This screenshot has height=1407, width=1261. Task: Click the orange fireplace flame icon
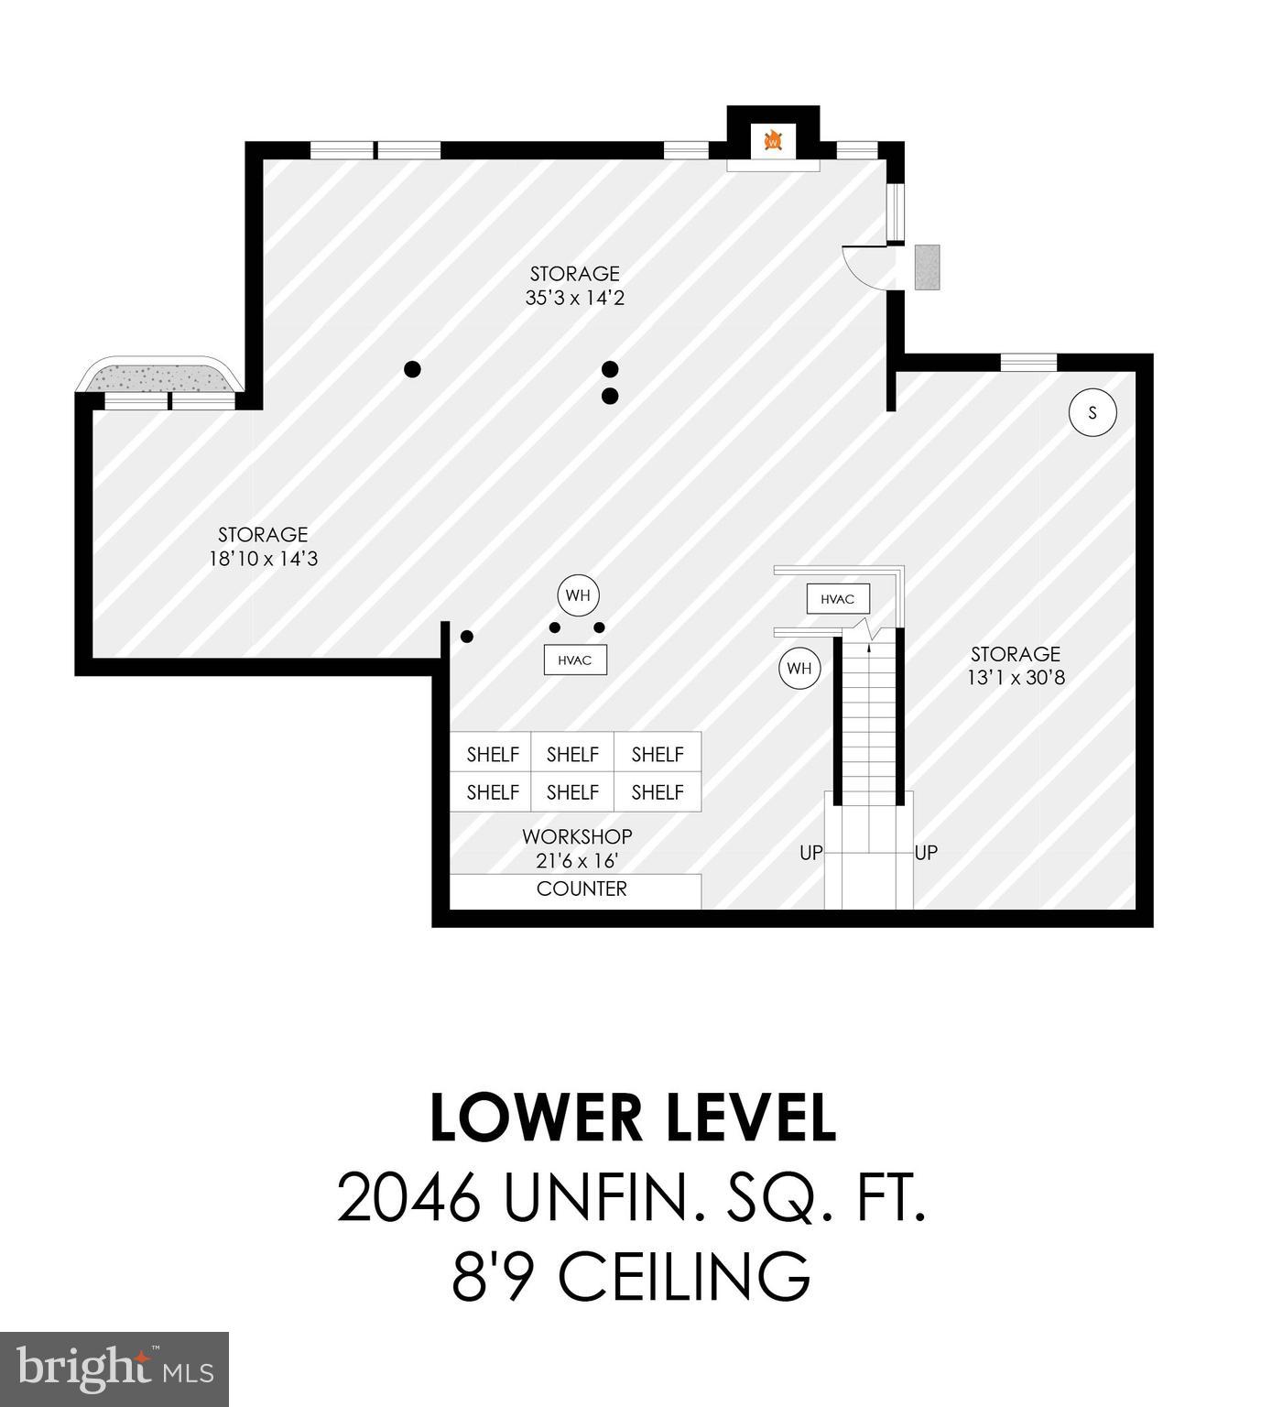coord(773,141)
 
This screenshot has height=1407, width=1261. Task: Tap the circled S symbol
coord(1092,412)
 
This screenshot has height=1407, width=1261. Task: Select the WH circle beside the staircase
coord(799,669)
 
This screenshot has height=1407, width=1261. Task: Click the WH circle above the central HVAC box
coord(578,595)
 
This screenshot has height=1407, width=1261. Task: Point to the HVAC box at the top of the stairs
coord(837,599)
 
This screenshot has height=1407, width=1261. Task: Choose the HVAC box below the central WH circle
coord(575,660)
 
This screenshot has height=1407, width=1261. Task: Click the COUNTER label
coord(582,889)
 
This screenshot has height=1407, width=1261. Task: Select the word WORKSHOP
coord(577,836)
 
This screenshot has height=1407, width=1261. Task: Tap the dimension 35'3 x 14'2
coord(574,298)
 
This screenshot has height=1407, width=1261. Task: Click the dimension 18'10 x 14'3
coord(263,559)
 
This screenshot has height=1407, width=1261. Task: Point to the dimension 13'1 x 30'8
coord(1016,678)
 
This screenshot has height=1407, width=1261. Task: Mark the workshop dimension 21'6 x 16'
coord(577,861)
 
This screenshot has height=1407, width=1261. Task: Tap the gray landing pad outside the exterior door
coord(927,267)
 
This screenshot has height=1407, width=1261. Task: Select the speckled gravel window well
coord(158,376)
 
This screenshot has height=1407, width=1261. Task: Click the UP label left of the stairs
coord(810,853)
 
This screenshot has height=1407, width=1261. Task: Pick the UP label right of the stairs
coord(926,853)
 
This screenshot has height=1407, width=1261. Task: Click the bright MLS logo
coord(114,1369)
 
